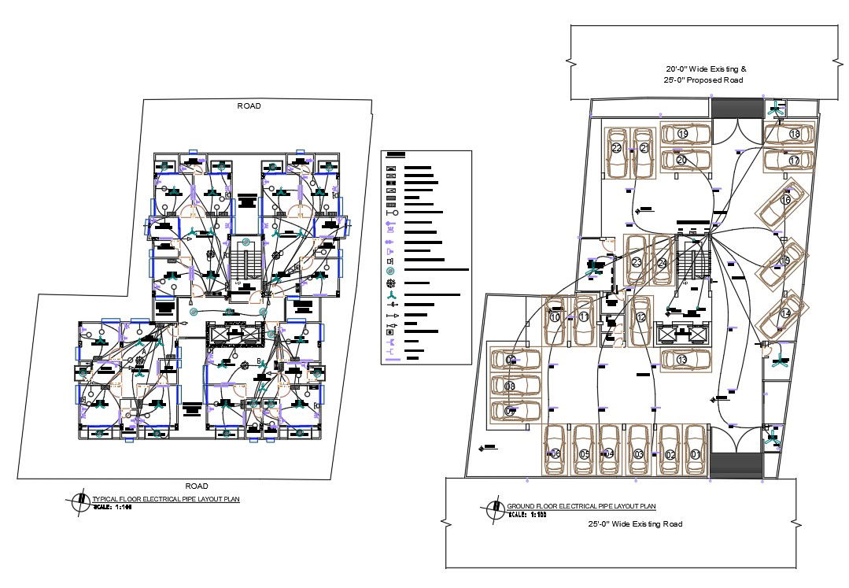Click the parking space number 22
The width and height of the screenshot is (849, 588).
616,148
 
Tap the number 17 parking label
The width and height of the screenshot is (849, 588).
794,161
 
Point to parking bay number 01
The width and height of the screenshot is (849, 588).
695,454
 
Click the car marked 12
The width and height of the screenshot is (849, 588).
641,318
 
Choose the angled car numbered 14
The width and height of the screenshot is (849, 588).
785,313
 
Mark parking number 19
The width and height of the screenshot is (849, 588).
683,135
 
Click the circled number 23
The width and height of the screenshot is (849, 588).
637,262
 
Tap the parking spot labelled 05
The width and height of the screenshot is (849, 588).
584,454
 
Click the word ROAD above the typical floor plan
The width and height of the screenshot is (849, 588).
249,105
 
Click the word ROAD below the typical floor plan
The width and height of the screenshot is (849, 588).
197,486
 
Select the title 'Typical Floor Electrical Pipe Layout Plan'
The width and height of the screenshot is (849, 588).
165,499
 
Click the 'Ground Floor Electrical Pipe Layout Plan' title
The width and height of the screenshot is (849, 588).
581,506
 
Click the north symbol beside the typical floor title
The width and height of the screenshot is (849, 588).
79,501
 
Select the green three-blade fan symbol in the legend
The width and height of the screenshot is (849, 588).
390,294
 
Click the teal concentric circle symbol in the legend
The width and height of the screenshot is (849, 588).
390,271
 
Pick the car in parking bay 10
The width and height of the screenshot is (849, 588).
557,319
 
